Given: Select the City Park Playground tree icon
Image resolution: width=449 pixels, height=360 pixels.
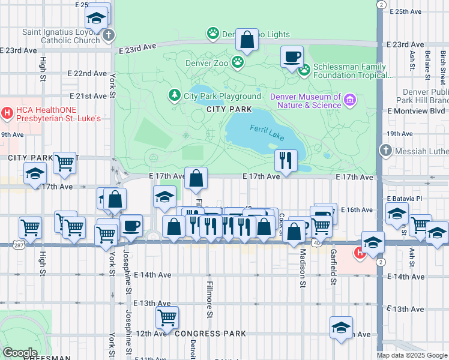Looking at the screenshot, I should (x=174, y=95).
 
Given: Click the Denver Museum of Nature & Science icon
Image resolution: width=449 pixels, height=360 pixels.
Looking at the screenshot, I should (x=350, y=98).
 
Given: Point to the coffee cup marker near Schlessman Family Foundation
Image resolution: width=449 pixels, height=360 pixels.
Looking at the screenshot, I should (x=292, y=57).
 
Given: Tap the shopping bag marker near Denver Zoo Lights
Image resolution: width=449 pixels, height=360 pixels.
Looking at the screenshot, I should (x=247, y=40).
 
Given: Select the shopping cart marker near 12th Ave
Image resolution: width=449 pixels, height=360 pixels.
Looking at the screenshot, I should (x=167, y=317).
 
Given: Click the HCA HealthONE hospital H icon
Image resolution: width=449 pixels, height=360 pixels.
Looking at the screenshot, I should (x=7, y=112).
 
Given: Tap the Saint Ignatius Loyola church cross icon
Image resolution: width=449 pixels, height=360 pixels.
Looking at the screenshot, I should (x=107, y=35).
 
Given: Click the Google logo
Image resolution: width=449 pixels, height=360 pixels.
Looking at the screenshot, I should (x=19, y=353).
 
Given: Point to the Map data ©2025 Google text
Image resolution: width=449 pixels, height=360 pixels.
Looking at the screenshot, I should (x=411, y=355).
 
